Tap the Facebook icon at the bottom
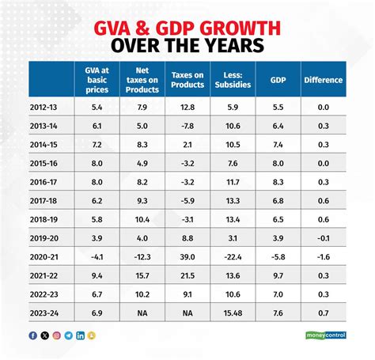click(32, 335)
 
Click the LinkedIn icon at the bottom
click(80, 335)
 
